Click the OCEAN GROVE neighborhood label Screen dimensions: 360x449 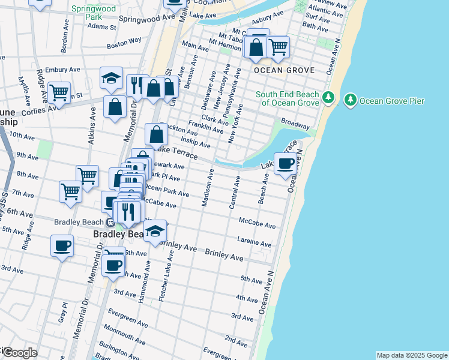(x=284, y=70)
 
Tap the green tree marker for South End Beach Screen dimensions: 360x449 (x=328, y=97)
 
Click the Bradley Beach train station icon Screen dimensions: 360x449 (x=119, y=221)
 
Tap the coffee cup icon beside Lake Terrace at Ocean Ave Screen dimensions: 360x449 (x=286, y=162)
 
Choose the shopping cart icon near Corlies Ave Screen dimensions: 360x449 (x=59, y=92)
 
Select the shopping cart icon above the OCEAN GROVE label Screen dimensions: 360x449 (x=278, y=46)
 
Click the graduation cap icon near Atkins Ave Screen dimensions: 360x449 (x=112, y=77)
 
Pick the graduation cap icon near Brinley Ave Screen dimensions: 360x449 (x=155, y=230)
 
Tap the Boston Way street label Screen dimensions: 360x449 (x=124, y=43)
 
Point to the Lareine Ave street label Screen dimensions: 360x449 (x=255, y=243)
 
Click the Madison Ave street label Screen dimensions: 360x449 (x=207, y=188)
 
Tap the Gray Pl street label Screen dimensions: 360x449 (x=62, y=310)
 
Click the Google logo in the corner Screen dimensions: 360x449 (x=19, y=352)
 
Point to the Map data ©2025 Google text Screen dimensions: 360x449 (x=411, y=355)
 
